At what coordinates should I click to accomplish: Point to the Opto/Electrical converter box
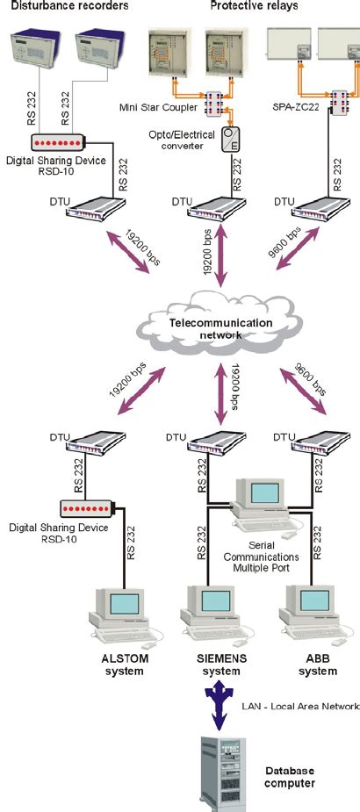[230, 139]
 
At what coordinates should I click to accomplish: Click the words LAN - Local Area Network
[299, 706]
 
